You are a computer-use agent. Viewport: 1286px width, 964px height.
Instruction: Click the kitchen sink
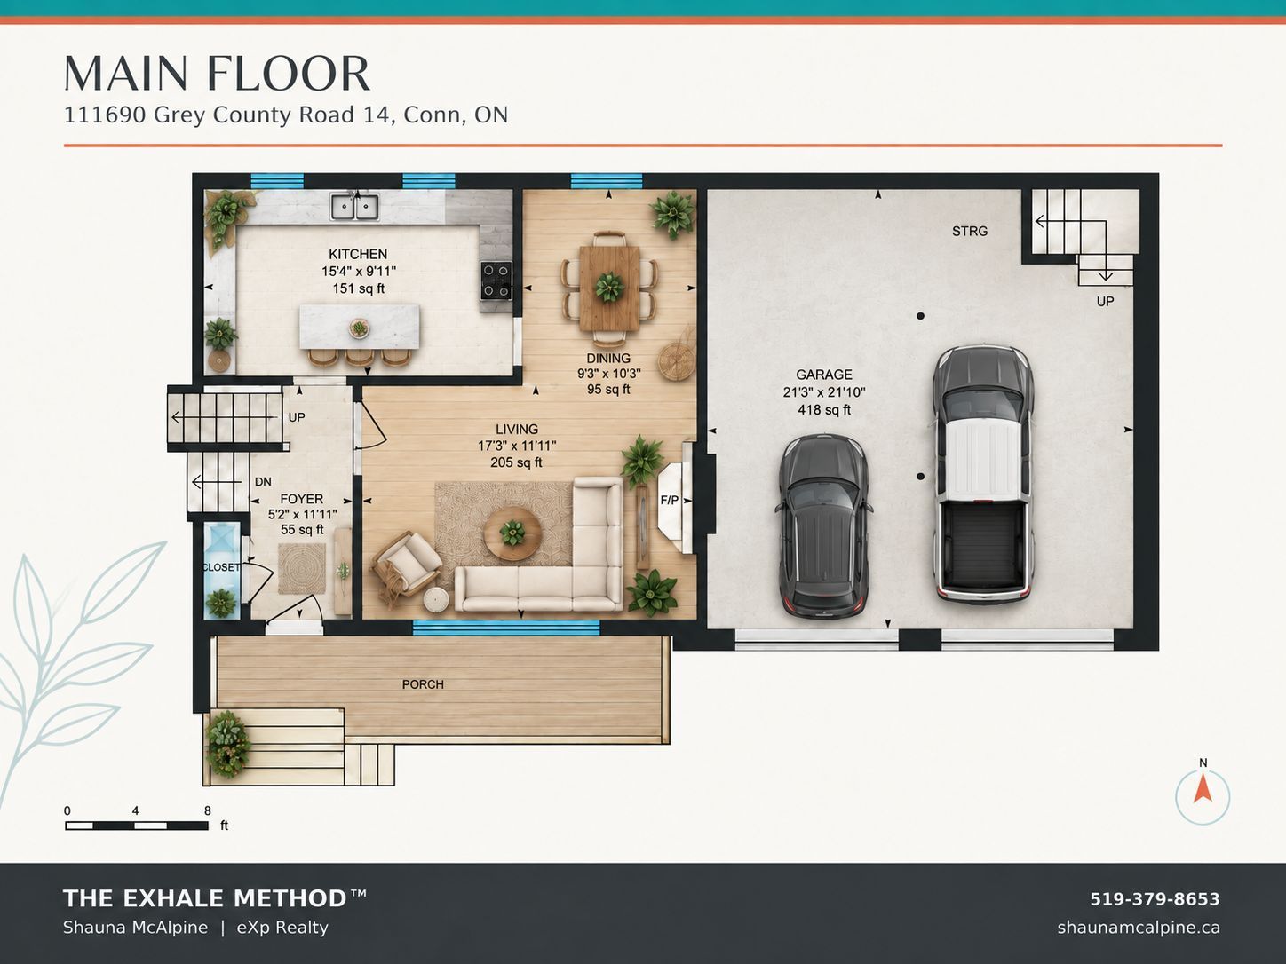(x=354, y=207)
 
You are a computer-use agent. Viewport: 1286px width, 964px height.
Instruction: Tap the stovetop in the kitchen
(x=496, y=280)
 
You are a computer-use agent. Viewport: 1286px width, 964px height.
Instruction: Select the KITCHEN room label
(x=357, y=254)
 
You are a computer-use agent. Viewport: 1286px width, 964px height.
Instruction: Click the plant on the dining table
(x=609, y=287)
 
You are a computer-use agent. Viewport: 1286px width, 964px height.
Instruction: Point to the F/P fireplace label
(x=669, y=500)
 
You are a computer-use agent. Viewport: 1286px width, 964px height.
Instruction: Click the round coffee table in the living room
(x=512, y=533)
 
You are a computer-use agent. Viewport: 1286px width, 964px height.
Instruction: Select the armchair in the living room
(x=405, y=565)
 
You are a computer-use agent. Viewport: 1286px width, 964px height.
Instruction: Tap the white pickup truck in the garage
(x=982, y=473)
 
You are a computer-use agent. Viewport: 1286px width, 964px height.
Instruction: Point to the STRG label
(x=970, y=231)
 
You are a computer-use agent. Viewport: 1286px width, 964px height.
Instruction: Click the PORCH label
(x=423, y=684)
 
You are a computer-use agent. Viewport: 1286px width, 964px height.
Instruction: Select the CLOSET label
(x=220, y=567)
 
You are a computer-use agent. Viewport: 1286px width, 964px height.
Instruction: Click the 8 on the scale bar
(x=208, y=810)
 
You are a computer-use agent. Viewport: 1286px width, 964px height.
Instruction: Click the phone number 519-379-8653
(x=1155, y=898)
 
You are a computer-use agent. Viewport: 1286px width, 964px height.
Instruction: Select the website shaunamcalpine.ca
(x=1139, y=928)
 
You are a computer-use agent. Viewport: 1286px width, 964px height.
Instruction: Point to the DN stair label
(x=263, y=482)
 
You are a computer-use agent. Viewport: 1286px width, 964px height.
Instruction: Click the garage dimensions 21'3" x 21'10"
(x=824, y=392)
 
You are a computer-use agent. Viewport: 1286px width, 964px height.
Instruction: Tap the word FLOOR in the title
(x=289, y=74)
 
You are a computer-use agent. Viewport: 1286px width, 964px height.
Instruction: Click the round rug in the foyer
(x=302, y=568)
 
